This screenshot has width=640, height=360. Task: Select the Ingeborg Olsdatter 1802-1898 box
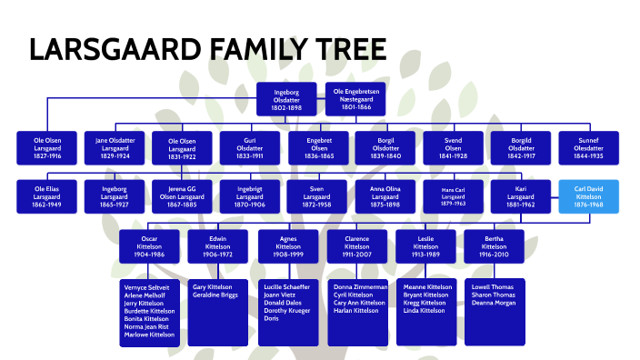click(292, 99)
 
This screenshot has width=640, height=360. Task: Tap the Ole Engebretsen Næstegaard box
click(355, 99)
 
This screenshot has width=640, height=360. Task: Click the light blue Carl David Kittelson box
click(589, 196)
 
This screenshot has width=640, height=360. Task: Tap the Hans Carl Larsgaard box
click(453, 196)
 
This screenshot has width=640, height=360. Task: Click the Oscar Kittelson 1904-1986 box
click(148, 245)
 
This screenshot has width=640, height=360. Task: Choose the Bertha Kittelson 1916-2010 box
click(494, 245)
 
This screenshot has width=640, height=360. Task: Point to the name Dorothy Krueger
click(287, 311)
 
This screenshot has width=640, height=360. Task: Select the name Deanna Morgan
click(493, 303)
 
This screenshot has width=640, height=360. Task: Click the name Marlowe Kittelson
click(148, 335)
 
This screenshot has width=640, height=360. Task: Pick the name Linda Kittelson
click(424, 311)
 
